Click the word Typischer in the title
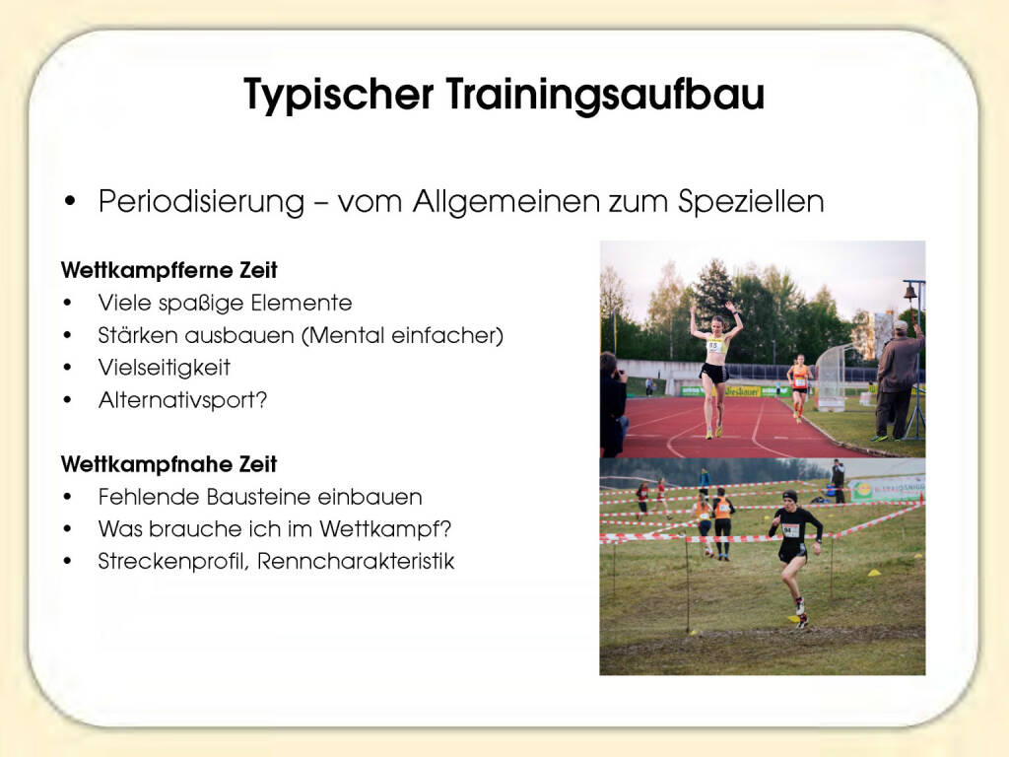click(339, 95)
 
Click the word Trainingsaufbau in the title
click(606, 94)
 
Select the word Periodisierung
click(201, 202)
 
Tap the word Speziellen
click(752, 202)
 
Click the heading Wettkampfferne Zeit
click(169, 270)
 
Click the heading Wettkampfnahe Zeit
click(169, 464)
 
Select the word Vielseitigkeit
click(165, 368)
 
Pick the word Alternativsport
click(177, 400)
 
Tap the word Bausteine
click(260, 497)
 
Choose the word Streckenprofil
click(172, 561)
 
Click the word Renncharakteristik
click(356, 561)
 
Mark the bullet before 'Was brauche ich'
click(68, 529)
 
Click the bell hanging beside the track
click(909, 293)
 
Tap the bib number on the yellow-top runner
click(713, 346)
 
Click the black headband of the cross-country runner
click(790, 497)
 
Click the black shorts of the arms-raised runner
click(714, 373)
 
